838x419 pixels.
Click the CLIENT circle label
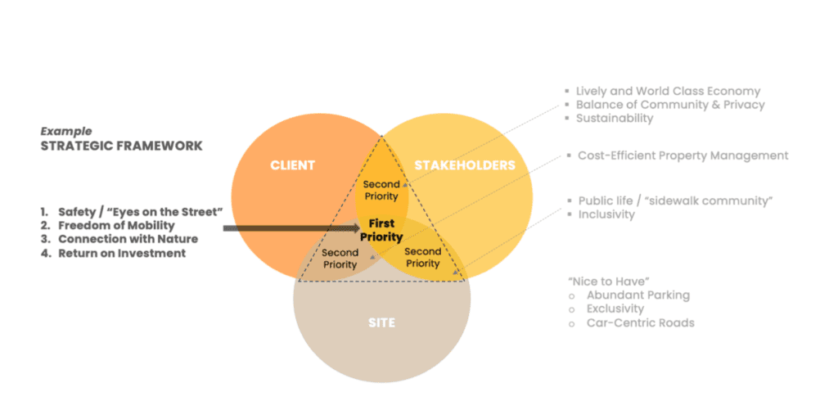[292, 165]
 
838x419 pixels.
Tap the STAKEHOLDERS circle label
[465, 165]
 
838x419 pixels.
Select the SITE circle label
[381, 323]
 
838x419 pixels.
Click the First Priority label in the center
[381, 230]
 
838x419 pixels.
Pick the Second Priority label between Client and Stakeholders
[381, 190]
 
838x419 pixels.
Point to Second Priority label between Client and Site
[340, 258]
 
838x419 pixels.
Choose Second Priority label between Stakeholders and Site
[423, 257]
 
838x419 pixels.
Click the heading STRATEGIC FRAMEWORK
[122, 146]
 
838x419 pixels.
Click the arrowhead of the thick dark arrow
[357, 228]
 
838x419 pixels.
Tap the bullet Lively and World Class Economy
[668, 92]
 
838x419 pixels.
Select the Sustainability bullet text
[615, 118]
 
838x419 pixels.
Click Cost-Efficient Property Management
[683, 155]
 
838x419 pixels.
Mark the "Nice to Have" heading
[605, 281]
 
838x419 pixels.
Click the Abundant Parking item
[638, 295]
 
